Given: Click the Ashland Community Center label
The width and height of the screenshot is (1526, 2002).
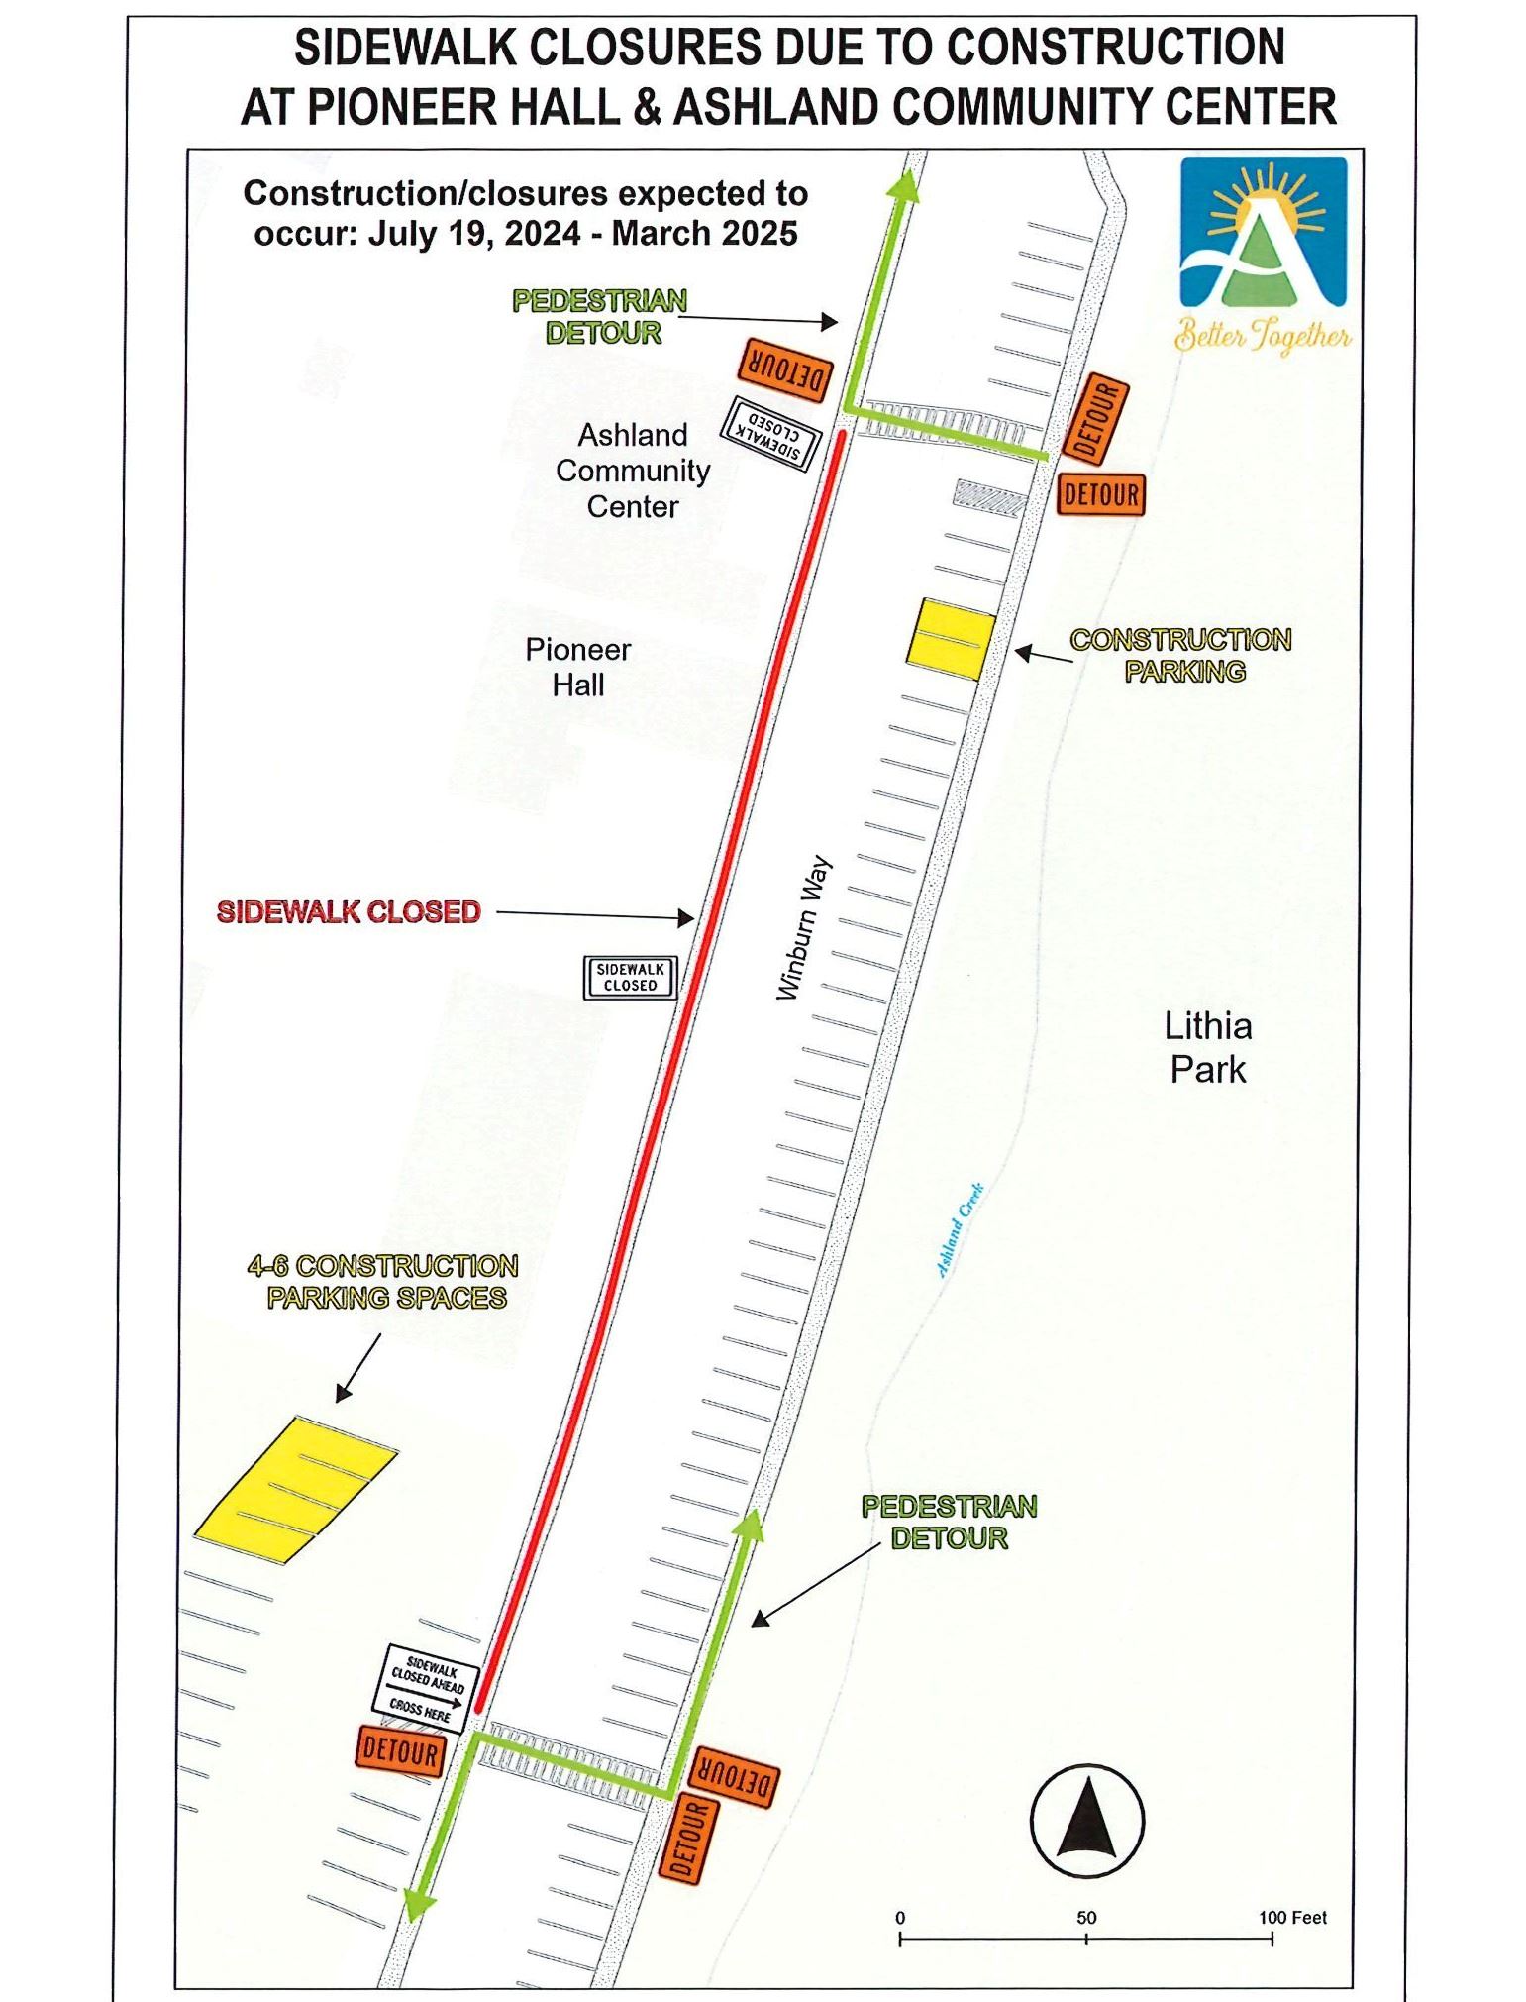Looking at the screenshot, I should tap(632, 471).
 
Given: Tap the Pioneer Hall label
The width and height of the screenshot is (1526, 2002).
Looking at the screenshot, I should tap(577, 667).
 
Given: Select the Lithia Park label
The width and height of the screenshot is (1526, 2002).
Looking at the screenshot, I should tap(1207, 1047).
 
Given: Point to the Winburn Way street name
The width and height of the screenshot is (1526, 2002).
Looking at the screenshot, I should tap(803, 927).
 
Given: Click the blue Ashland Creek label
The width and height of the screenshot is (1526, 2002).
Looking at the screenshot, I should tap(959, 1229).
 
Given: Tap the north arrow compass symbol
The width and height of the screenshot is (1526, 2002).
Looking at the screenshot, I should tap(1086, 1820).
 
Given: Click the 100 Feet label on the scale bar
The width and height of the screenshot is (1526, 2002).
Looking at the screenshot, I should tap(1292, 1918).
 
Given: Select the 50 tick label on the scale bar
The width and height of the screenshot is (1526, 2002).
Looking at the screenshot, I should tap(1086, 1918).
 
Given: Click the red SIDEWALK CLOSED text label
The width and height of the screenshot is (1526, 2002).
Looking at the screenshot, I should tap(349, 911).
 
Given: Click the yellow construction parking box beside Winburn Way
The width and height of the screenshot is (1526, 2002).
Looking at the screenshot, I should tap(951, 639).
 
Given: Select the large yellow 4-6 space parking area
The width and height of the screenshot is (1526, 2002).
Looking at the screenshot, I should tap(294, 1490).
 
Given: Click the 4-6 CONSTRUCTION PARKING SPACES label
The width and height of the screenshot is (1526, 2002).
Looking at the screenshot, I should tap(384, 1282).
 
